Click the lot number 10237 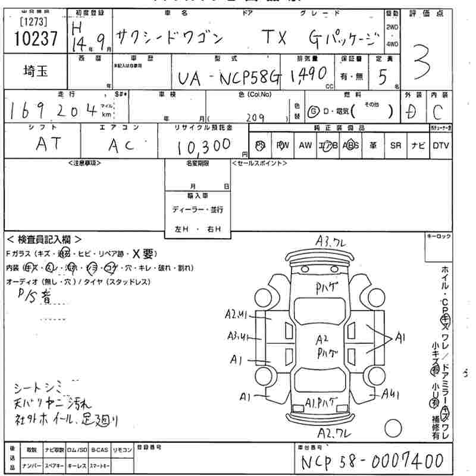click(x=34, y=39)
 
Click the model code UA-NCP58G click(x=228, y=79)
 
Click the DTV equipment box click(x=441, y=145)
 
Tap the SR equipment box click(x=396, y=145)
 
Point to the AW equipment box click(x=305, y=145)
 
